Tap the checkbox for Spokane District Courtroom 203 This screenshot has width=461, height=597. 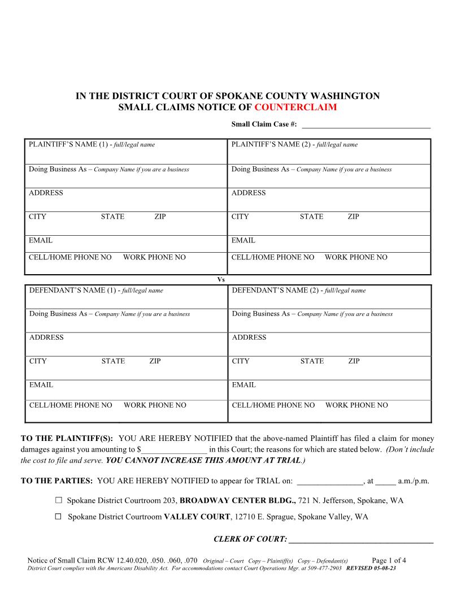[x=59, y=500]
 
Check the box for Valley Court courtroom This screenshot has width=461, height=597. [x=59, y=516]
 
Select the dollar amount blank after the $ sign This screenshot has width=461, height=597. [x=174, y=450]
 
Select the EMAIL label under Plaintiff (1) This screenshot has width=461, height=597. [x=41, y=240]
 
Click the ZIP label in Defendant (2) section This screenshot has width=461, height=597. [x=354, y=361]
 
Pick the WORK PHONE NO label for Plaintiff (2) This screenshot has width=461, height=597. [x=356, y=257]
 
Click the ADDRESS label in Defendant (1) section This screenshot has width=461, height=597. [x=46, y=338]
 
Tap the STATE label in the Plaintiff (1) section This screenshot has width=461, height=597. [x=112, y=217]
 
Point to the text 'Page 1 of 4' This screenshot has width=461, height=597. [x=389, y=561]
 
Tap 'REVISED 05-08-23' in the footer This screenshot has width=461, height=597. [x=371, y=568]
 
